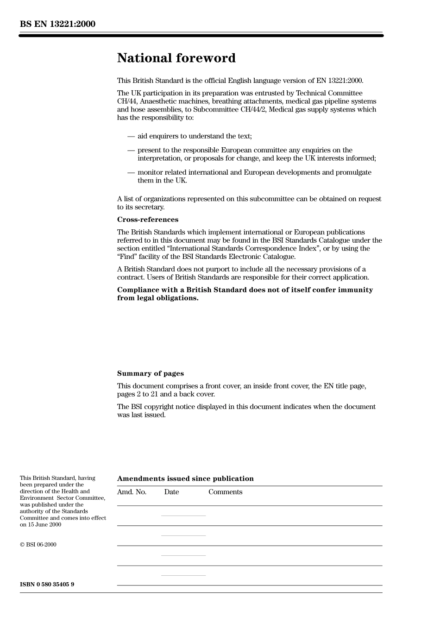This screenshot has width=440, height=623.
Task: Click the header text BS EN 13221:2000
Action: coord(57,24)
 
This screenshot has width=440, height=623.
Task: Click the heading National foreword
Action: coord(176,58)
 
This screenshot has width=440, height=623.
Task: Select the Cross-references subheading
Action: coord(147,220)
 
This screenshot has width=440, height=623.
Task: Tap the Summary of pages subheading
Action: coord(150,373)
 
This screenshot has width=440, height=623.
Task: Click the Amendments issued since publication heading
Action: coord(185,478)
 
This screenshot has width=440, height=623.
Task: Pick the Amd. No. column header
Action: coord(132,492)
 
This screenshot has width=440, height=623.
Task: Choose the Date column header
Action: coord(171,492)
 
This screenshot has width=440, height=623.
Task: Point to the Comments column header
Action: coord(225,492)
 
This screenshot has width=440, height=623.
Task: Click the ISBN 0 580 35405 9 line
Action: coord(47,584)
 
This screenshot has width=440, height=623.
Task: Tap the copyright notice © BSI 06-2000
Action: coord(38,545)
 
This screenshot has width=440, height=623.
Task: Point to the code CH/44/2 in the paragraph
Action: coord(252,110)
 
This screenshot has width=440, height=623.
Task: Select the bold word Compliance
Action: coord(138,290)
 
